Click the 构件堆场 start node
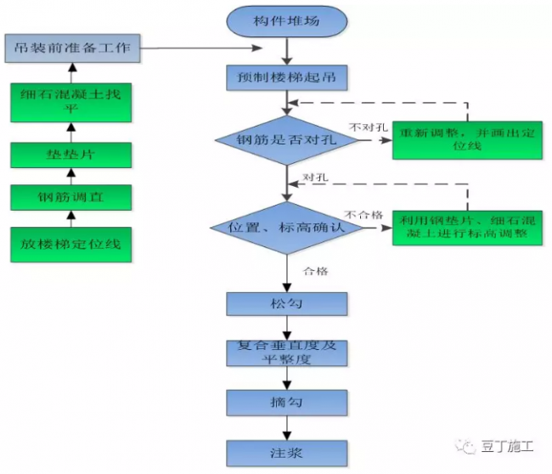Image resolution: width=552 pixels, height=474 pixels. point(288,20)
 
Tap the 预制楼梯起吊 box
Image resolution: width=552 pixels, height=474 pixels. point(287,78)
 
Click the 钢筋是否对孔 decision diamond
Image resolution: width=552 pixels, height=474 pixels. point(287,139)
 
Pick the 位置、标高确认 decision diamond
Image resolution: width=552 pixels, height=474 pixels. point(287,228)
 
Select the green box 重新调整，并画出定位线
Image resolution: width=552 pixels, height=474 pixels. point(467,139)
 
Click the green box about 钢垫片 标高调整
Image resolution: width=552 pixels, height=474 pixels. point(467,227)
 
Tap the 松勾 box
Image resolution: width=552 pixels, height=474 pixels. point(287,302)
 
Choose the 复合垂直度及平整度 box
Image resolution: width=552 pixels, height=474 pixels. point(287,353)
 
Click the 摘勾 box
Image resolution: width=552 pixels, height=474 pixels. point(287,401)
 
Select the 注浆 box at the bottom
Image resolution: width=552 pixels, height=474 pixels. point(287,451)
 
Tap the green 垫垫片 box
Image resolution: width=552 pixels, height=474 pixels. point(70,155)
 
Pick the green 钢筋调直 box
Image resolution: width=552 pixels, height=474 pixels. point(70,198)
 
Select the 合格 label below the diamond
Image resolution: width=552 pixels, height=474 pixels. point(316,271)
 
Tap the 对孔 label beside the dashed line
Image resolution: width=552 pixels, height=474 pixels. point(318,178)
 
